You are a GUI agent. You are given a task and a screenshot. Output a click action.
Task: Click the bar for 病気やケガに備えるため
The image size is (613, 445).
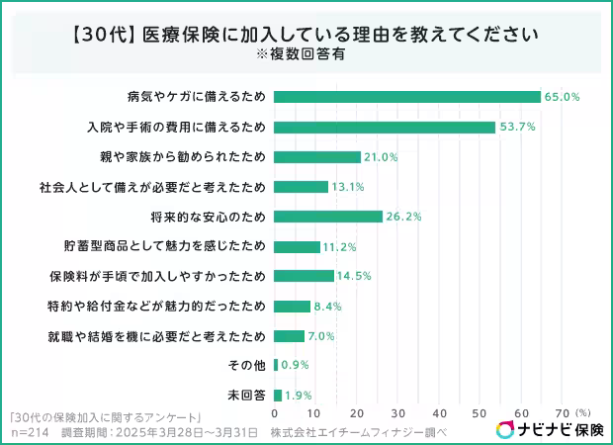point(406,97)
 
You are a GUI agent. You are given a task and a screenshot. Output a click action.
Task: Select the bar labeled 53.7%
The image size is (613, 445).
point(384,127)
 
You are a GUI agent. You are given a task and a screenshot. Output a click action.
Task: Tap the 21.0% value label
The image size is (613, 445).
point(381,157)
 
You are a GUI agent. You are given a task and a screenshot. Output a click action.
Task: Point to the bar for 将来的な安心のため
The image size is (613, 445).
point(327,217)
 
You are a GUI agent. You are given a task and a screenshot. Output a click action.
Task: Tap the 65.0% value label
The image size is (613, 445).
point(562,97)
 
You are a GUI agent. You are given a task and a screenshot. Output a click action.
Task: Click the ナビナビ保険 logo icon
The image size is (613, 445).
point(504,429)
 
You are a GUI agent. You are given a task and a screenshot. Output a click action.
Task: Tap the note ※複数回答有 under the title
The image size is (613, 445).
point(306,54)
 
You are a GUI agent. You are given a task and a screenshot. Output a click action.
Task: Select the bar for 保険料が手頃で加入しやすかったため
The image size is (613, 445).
point(304,276)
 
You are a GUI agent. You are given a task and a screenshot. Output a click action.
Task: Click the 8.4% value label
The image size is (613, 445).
point(328,307)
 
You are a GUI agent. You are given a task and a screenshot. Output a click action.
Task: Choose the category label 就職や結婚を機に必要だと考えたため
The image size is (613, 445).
point(156,336)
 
